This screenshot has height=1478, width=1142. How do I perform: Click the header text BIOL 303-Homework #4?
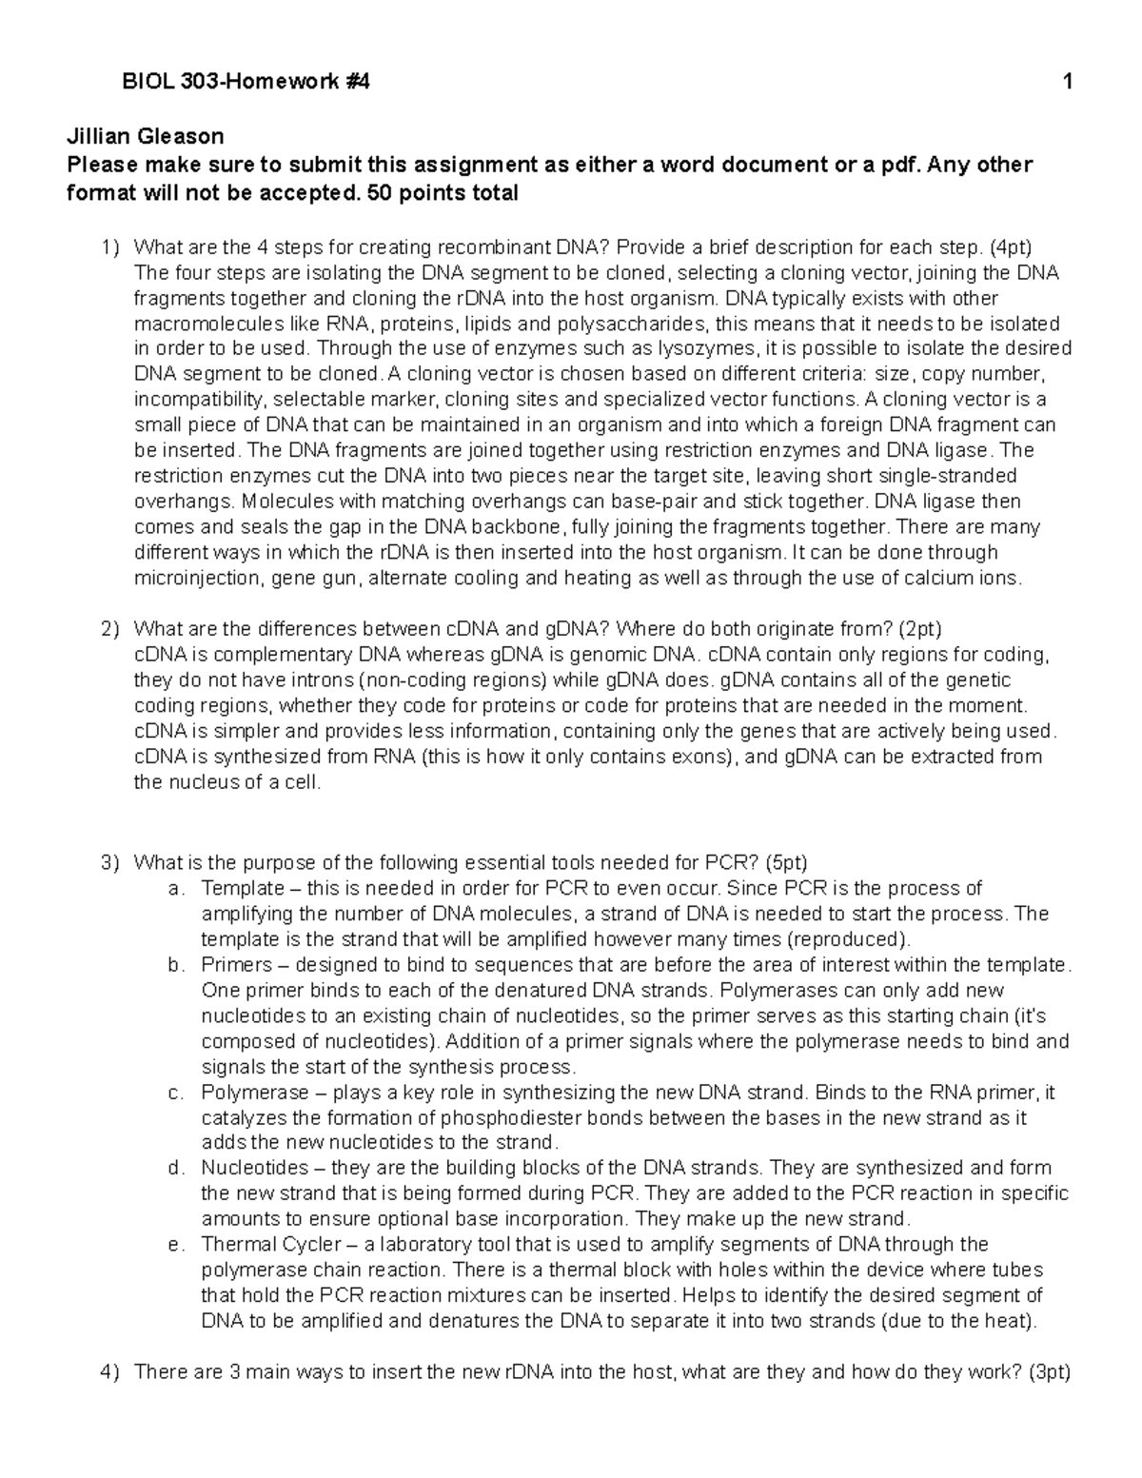[246, 83]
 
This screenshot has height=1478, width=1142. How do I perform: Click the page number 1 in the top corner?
[1069, 83]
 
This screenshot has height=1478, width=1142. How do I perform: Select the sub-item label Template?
[242, 889]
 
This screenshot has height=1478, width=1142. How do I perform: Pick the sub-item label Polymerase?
[254, 1093]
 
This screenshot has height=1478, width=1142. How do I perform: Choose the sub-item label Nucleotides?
[254, 1168]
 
